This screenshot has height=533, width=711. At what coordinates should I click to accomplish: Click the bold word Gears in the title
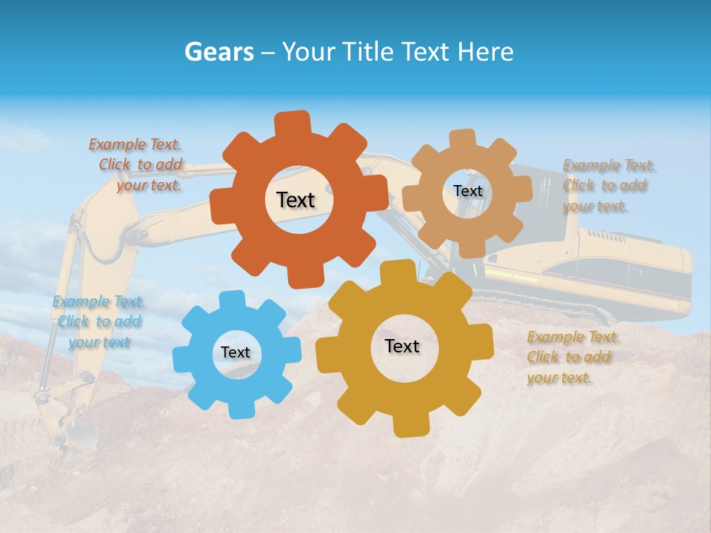coord(218,52)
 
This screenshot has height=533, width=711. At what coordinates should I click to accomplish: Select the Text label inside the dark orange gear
coord(296,200)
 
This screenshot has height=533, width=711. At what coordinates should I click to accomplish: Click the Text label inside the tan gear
coord(467,191)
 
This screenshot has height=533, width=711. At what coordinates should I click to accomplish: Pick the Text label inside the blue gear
coord(236,352)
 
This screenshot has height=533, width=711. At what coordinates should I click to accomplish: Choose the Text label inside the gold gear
coord(402,346)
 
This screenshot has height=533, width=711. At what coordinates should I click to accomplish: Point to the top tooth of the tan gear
coord(463,139)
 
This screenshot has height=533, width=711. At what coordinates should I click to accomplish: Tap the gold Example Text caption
coord(571,358)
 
